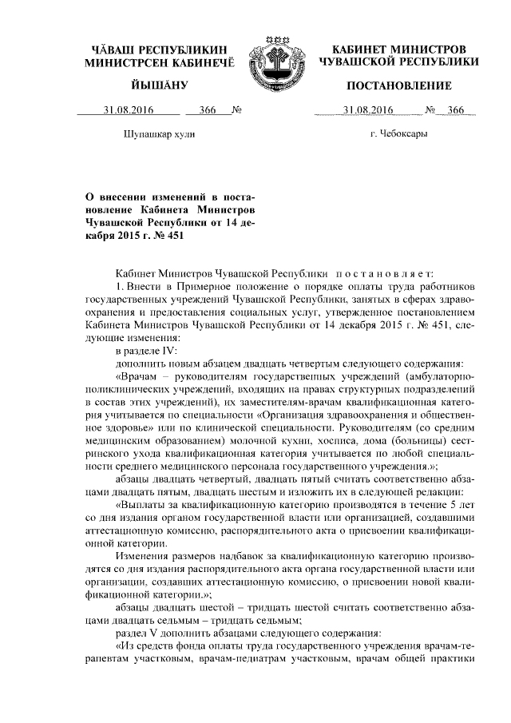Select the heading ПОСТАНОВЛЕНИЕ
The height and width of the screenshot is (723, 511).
[398, 85]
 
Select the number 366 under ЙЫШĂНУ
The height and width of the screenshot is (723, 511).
[208, 109]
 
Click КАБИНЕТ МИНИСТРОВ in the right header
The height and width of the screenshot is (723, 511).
[398, 48]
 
